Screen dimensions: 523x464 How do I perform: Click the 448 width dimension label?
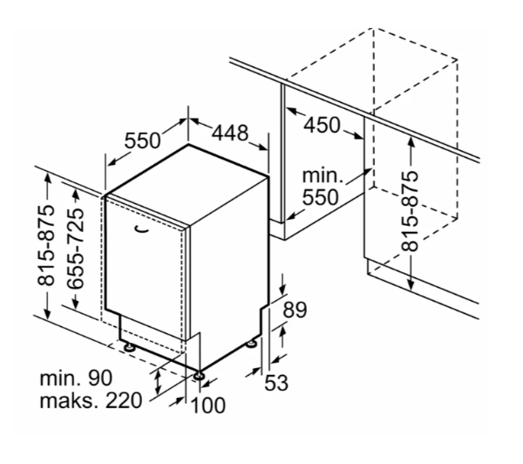(230, 133)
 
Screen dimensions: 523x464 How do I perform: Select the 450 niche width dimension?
(322, 126)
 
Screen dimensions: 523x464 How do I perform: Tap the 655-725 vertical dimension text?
(75, 249)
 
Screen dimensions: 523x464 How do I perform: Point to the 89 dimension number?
(295, 310)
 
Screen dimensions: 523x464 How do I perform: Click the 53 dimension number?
(276, 383)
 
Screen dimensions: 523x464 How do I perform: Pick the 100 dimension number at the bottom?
(207, 406)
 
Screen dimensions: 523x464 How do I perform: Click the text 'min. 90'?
(76, 379)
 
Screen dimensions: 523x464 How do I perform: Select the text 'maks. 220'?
(91, 400)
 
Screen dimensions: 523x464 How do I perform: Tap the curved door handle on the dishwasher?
(141, 229)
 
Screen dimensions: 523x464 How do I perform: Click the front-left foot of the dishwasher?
(128, 347)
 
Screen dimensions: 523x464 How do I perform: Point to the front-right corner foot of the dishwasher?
(200, 375)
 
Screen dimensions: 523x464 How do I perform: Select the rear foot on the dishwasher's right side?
(252, 344)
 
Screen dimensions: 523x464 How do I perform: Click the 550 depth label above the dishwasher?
(142, 140)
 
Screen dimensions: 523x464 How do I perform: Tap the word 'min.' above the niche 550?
(323, 175)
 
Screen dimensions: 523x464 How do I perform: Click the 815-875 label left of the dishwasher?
(45, 246)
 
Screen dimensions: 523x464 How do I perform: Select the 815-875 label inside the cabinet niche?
(410, 211)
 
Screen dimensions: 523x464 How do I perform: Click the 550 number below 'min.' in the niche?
(320, 197)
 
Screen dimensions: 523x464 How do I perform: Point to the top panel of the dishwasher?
(187, 184)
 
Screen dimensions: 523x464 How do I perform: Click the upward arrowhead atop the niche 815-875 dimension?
(411, 143)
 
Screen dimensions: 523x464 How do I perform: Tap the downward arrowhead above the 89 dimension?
(283, 289)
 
